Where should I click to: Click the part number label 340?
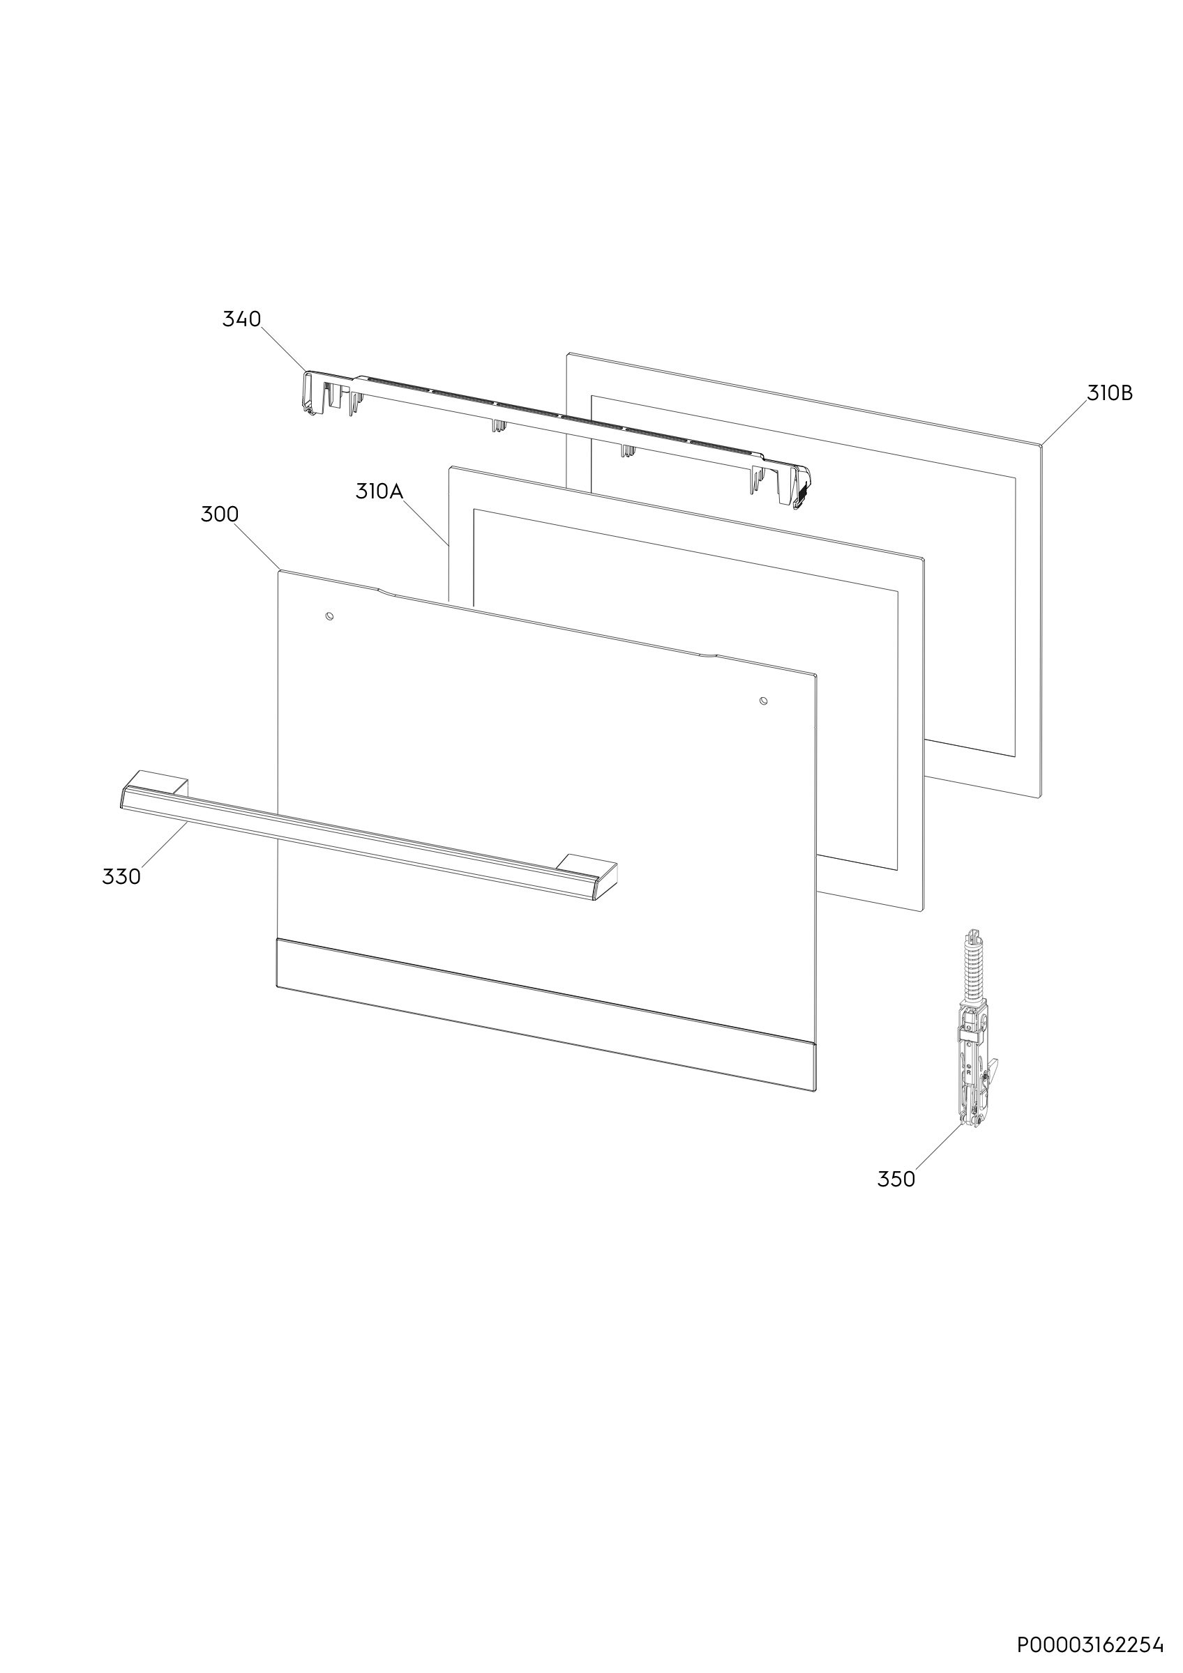point(241,319)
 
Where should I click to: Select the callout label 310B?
point(1110,392)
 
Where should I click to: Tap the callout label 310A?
point(379,491)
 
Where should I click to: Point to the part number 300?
point(220,514)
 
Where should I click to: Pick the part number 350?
point(896,1179)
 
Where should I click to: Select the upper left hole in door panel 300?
point(329,616)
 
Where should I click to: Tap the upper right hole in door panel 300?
point(763,701)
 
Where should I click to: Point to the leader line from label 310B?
point(1064,422)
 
